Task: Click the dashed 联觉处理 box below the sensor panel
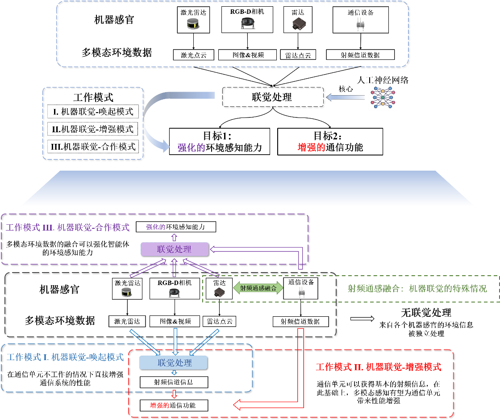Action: (273, 97)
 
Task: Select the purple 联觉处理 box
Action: (175, 249)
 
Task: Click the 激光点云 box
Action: (194, 55)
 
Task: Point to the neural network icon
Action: (383, 98)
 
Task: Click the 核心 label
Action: (346, 89)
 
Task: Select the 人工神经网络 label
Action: (383, 80)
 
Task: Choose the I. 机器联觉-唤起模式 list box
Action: (93, 112)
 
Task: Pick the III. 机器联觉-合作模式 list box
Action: (93, 147)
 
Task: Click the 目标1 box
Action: (220, 142)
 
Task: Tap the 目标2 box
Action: (330, 142)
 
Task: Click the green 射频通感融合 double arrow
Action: (258, 288)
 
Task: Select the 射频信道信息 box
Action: (174, 382)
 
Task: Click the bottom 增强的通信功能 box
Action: (174, 405)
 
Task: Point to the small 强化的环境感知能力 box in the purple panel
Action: (176, 227)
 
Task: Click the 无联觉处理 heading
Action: (426, 312)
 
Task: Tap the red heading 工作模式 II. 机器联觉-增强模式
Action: (379, 367)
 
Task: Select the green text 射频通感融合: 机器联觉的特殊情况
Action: (417, 289)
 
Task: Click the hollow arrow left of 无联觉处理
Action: (362, 319)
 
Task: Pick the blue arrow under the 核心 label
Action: (346, 97)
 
